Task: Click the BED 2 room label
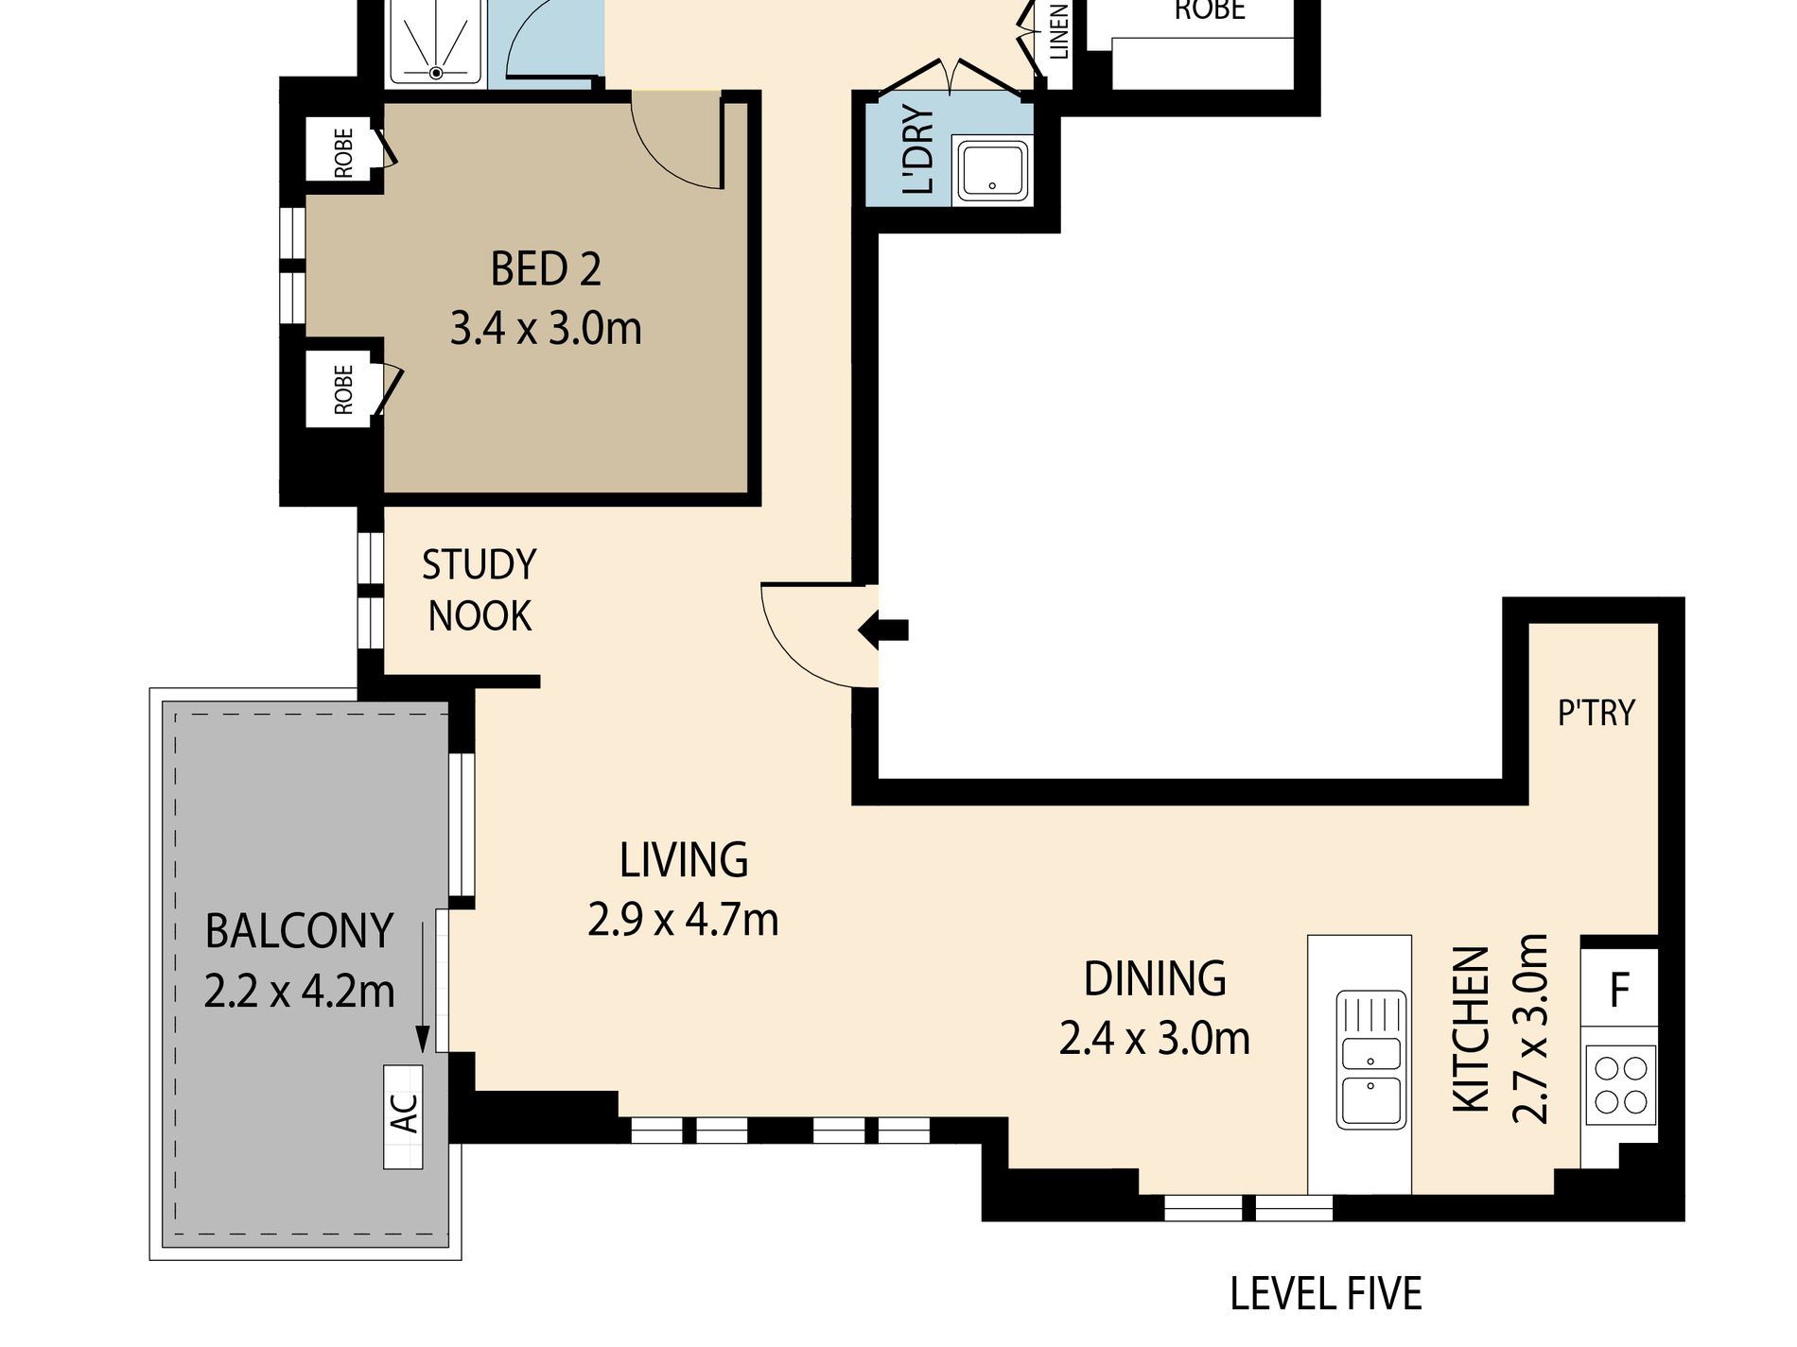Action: click(x=546, y=269)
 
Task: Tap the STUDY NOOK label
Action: click(x=480, y=590)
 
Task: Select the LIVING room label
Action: click(x=684, y=860)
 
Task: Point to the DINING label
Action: click(x=1155, y=979)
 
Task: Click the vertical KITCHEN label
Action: click(x=1472, y=1029)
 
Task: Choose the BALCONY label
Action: click(x=299, y=932)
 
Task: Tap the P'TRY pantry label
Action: click(x=1596, y=713)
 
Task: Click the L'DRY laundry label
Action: click(x=919, y=150)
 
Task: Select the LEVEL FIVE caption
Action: click(x=1326, y=1294)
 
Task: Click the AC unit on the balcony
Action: click(x=403, y=1117)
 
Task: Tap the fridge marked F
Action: click(x=1619, y=989)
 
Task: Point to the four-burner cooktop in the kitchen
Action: click(x=1621, y=1085)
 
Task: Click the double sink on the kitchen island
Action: click(x=1370, y=1060)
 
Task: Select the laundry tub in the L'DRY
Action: click(x=992, y=171)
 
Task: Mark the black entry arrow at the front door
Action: click(x=883, y=630)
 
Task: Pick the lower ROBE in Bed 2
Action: click(x=343, y=389)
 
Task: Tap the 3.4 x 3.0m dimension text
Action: click(x=546, y=329)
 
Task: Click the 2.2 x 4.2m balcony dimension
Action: click(x=299, y=992)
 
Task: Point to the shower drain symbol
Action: click(x=436, y=73)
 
